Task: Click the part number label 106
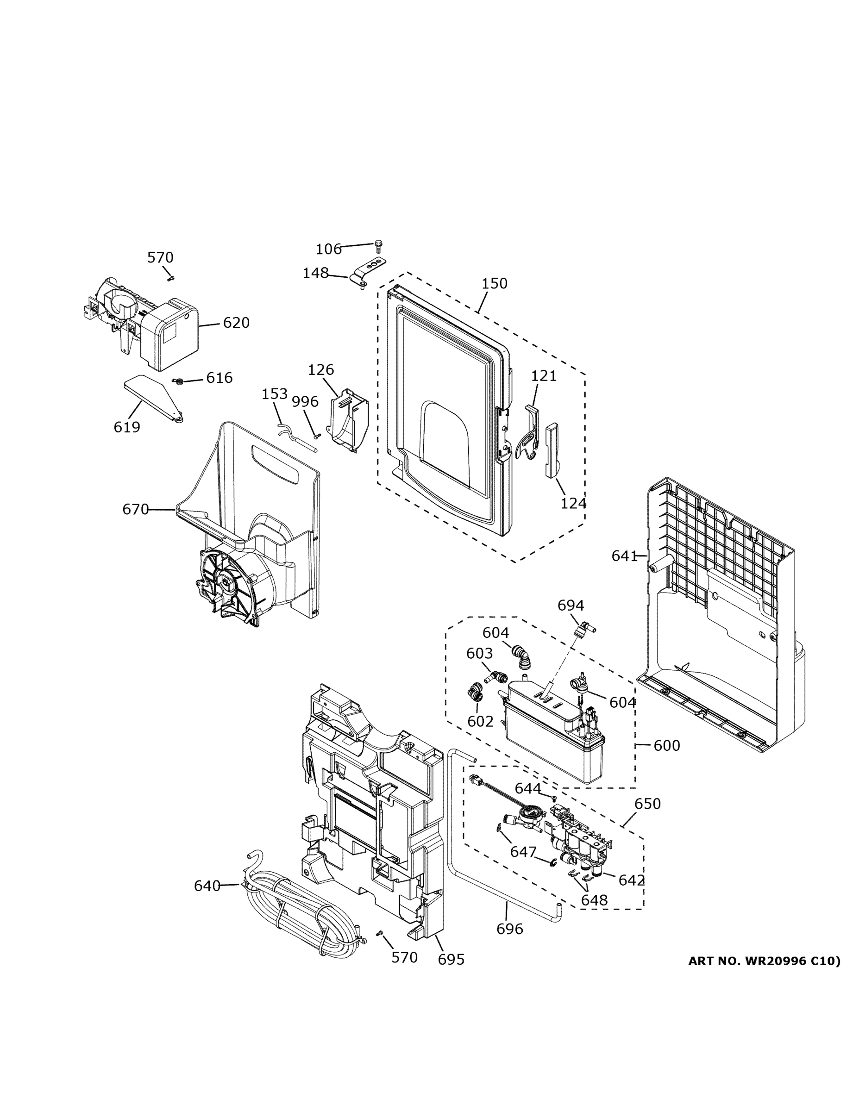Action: click(328, 249)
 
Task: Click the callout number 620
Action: click(236, 323)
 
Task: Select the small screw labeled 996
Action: click(317, 436)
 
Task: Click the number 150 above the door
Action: click(495, 283)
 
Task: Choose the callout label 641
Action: click(624, 556)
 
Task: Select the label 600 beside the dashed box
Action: click(667, 746)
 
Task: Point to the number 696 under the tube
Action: click(509, 930)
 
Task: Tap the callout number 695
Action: click(451, 960)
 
